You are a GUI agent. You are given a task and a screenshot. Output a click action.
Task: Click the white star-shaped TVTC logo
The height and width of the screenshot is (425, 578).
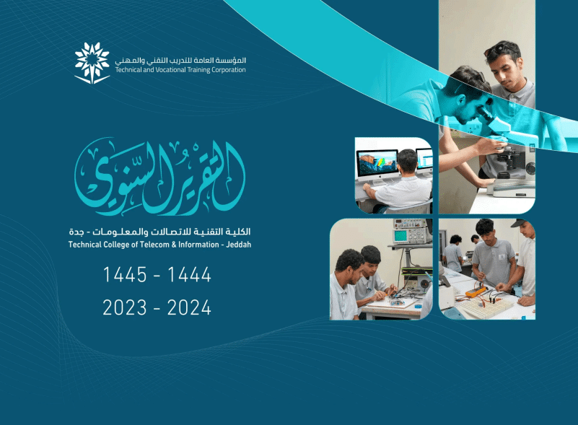[x=92, y=63]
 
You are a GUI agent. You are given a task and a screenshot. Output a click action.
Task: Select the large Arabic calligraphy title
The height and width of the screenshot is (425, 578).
[x=160, y=177]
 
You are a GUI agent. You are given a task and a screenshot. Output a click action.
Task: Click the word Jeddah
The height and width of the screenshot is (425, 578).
[x=239, y=245]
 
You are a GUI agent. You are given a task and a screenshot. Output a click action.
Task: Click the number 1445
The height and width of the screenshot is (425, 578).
[x=125, y=275]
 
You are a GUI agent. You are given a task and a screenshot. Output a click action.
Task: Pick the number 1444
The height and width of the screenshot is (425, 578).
[x=190, y=275]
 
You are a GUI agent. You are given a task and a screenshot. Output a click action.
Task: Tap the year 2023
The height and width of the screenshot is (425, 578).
[x=125, y=307]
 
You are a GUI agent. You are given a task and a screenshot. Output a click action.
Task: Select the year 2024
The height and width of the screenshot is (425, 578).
[x=190, y=307]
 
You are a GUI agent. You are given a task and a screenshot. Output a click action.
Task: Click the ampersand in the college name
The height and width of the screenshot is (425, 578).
[x=174, y=245]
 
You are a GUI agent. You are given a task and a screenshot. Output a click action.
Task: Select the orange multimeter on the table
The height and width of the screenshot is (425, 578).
[x=475, y=292]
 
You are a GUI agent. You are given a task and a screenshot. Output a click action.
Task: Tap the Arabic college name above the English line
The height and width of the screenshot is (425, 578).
[x=160, y=232]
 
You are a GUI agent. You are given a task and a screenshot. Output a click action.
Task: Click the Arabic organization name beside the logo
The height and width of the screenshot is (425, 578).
[x=180, y=60]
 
